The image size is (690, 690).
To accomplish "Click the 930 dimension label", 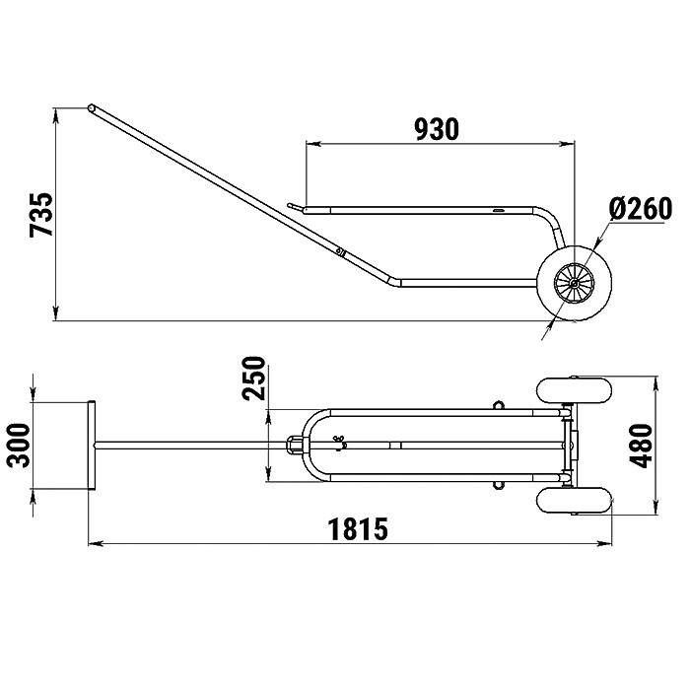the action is (x=437, y=129).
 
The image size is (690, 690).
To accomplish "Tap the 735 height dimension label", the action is (x=41, y=214).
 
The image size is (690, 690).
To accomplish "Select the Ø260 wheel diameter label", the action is (x=641, y=208).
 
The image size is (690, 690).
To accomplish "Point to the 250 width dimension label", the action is (x=254, y=378).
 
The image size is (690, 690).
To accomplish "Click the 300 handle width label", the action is (x=19, y=445).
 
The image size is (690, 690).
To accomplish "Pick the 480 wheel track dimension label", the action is (x=641, y=446).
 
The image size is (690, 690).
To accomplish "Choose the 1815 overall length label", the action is (x=358, y=529).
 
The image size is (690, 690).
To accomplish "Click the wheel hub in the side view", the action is (x=575, y=284).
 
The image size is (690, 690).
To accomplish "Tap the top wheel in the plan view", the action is (x=575, y=389).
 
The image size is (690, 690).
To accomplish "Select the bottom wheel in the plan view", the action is (x=575, y=501).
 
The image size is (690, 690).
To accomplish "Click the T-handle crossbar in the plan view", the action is (x=92, y=445).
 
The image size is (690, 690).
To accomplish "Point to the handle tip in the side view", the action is (x=91, y=107).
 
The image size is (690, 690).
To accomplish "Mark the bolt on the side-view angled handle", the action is (x=339, y=251).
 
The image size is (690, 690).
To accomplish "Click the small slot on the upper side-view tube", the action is (x=499, y=211).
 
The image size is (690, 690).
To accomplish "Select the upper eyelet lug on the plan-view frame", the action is (x=498, y=404).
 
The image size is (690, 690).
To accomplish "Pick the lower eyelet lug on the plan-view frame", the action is (x=498, y=485).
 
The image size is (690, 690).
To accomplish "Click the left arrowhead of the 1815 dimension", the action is (x=95, y=544).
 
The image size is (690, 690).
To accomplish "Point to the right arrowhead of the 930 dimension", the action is (x=567, y=144).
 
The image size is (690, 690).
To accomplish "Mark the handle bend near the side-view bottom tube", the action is (x=395, y=282).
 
